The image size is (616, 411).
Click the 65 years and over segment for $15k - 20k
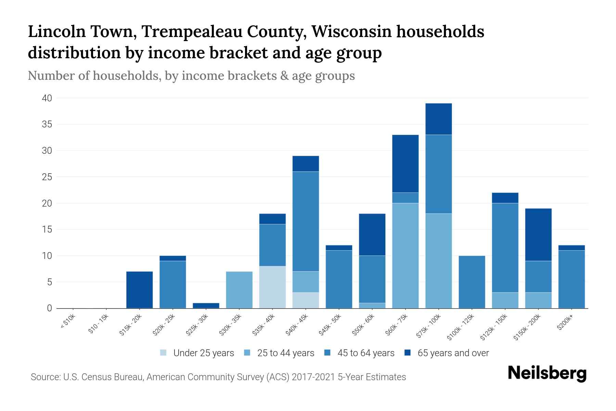[x=139, y=290]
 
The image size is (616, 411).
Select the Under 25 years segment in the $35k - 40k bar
[x=272, y=287]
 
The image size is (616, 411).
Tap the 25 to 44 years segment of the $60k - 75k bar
[x=405, y=256]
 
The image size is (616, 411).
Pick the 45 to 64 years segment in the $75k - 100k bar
[x=438, y=174]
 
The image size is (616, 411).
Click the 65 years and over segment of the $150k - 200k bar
[x=538, y=235]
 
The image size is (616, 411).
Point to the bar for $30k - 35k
[x=239, y=290]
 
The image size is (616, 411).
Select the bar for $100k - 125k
[x=472, y=282]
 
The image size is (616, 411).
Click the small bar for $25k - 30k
[x=206, y=306]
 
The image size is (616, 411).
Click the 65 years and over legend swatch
[x=408, y=353]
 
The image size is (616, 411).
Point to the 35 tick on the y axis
[x=47, y=124]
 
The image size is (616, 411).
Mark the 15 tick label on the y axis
[x=47, y=229]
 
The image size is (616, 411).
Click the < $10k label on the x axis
[x=68, y=322]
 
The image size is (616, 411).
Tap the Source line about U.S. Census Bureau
[x=218, y=377]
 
